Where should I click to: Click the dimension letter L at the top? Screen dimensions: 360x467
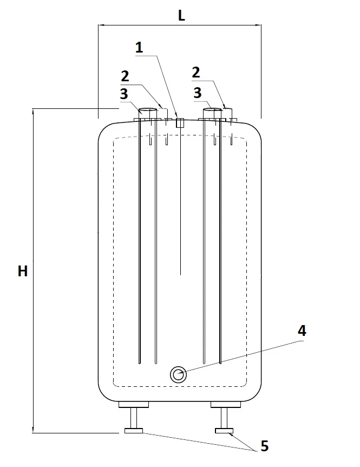181,16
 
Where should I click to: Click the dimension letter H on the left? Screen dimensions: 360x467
23,271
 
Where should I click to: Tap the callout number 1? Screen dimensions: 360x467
139,48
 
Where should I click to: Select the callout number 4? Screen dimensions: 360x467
302,331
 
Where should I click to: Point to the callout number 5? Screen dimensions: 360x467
265,446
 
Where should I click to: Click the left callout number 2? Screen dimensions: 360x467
125,76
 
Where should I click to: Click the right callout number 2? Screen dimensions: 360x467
196,73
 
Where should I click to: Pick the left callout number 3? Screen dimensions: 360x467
124,94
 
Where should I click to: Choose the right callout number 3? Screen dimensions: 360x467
198,93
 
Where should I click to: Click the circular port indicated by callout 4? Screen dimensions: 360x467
178,375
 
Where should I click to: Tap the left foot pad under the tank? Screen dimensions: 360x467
134,431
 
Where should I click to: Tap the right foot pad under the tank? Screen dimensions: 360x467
224,431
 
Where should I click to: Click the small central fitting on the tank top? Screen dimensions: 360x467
180,122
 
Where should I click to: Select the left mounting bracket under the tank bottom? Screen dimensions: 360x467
134,405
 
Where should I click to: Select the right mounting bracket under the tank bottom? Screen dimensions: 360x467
226,405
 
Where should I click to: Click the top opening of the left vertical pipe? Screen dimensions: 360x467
148,110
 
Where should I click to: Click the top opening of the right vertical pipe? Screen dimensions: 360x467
213,110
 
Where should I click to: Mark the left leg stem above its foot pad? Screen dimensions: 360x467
134,418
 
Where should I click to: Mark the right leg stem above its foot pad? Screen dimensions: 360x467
224,418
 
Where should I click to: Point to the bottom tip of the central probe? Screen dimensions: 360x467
180,275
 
